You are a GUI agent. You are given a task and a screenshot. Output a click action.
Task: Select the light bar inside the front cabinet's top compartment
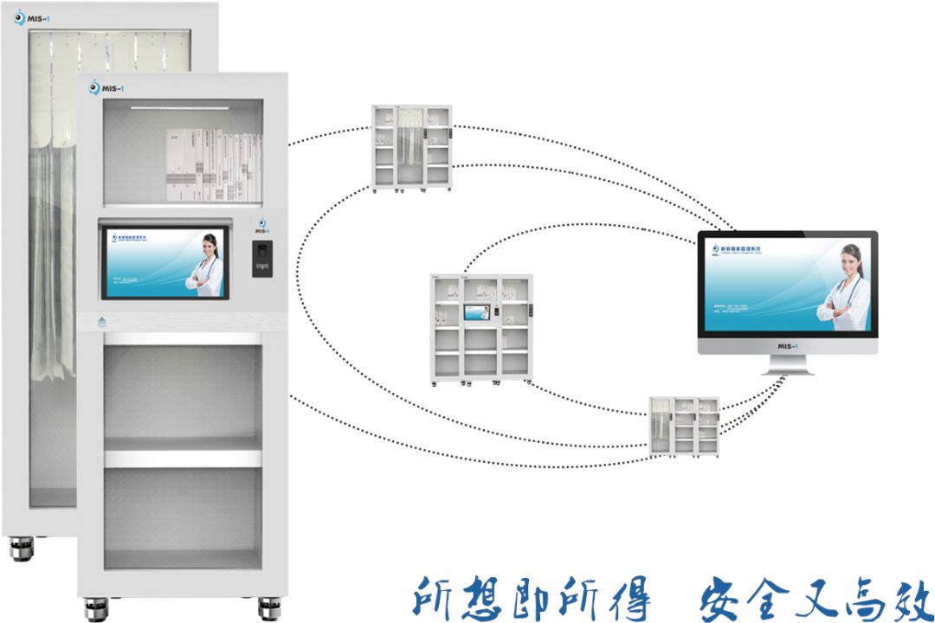coord(180,108)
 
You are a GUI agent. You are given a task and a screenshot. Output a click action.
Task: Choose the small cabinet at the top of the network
coord(411,146)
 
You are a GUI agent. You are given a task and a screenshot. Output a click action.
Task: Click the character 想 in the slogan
coord(488,596)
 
